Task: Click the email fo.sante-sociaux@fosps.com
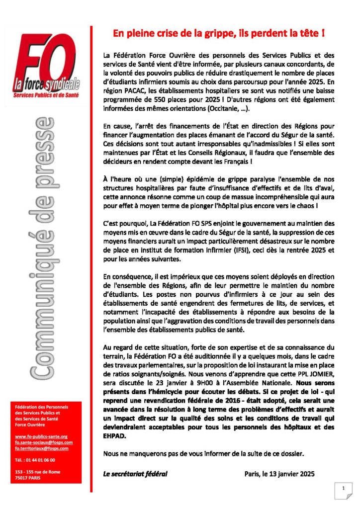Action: [x=44, y=442]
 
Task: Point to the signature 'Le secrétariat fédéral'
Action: [x=135, y=473]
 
